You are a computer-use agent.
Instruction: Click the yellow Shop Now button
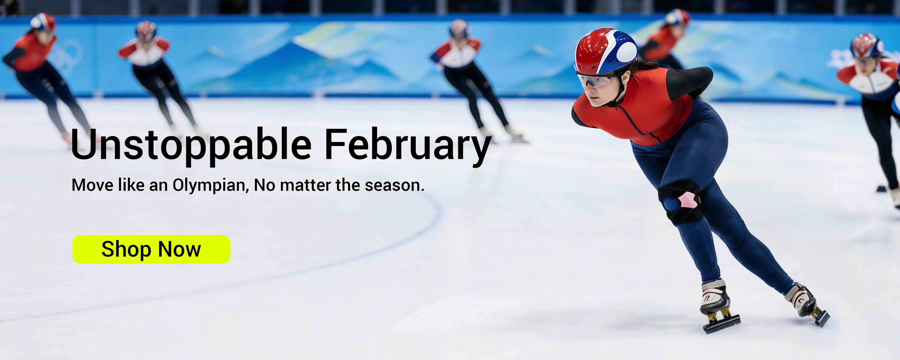(151, 249)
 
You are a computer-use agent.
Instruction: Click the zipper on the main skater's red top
(636, 121)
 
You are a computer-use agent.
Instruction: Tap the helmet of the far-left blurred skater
(43, 21)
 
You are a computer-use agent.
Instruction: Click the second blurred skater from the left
(157, 77)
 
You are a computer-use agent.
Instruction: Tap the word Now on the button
(180, 249)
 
